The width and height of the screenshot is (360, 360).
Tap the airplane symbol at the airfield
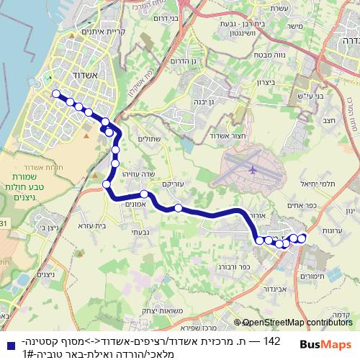click(x=252, y=170)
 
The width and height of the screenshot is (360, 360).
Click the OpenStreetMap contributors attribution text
click(x=297, y=323)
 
